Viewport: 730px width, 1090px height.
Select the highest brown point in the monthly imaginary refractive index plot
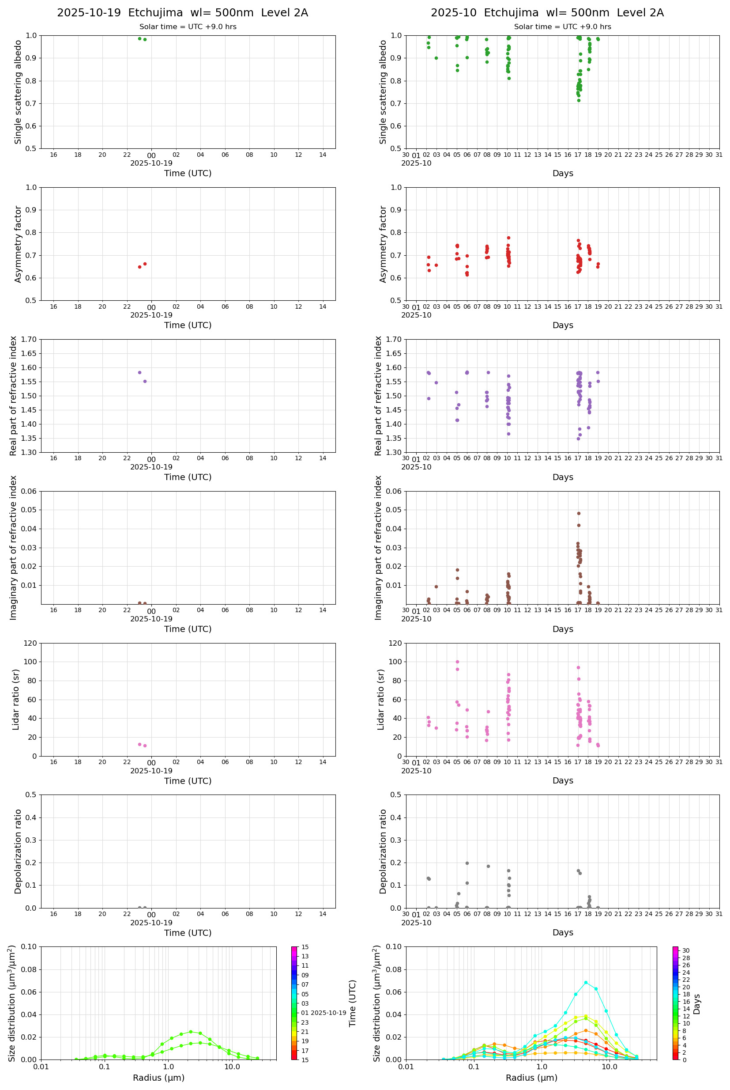coord(579,513)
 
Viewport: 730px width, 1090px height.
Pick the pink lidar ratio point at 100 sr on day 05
coord(457,662)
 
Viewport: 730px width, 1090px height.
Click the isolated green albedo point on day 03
coord(436,58)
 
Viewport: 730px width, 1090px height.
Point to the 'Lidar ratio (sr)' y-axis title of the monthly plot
coord(381,700)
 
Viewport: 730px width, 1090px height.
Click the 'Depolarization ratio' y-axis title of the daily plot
coord(18,852)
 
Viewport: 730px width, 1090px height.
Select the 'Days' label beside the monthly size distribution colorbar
coord(696,1004)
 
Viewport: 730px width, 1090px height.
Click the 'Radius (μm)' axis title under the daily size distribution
coord(159,1078)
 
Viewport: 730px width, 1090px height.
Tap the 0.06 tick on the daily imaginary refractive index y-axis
coord(29,491)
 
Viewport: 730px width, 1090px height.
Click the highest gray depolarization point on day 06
coord(467,863)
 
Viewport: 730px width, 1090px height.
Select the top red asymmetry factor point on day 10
coord(508,238)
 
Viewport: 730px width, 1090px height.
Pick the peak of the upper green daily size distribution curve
coord(190,1032)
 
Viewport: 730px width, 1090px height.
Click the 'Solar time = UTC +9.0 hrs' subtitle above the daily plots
coord(188,27)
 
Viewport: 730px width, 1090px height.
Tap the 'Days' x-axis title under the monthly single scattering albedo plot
coord(562,173)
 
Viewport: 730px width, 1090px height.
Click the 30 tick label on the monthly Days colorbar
coord(686,951)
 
